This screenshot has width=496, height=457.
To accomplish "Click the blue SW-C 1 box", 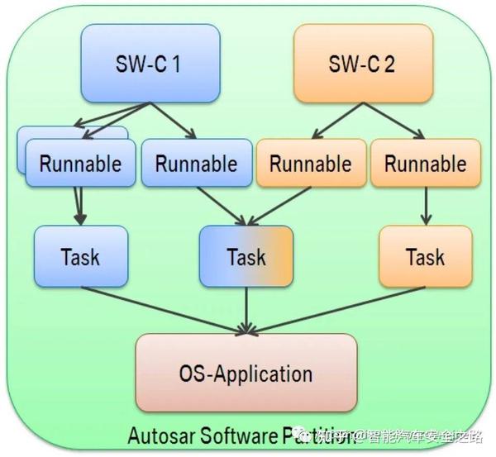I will coord(150,63).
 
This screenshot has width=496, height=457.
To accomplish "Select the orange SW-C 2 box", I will coord(363,63).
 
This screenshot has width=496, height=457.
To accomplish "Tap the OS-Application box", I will coord(246,373).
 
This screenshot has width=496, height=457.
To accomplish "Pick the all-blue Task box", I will coord(80,256).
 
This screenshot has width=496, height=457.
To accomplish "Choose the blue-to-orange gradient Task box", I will coord(246,256).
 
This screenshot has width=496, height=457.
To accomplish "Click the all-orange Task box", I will coord(425,256).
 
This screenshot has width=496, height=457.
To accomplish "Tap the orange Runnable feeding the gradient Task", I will coord(310,163).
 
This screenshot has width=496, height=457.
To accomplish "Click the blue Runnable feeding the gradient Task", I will coord(195,163).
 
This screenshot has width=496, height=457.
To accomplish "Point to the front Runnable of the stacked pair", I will coord(80,163).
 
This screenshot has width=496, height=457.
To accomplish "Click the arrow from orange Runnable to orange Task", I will coord(425,207).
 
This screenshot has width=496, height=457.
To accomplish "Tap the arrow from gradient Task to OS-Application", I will coord(246,310).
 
